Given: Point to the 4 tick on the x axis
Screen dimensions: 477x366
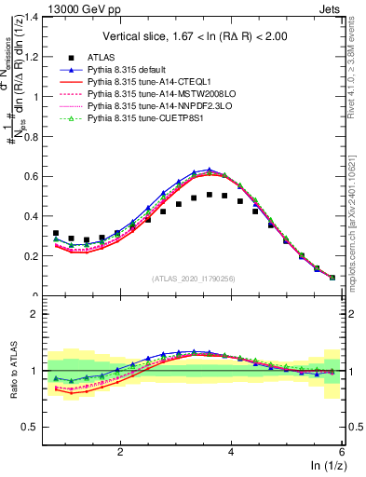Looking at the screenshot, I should [232, 449].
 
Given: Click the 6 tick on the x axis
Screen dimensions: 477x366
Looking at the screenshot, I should [343, 449].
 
